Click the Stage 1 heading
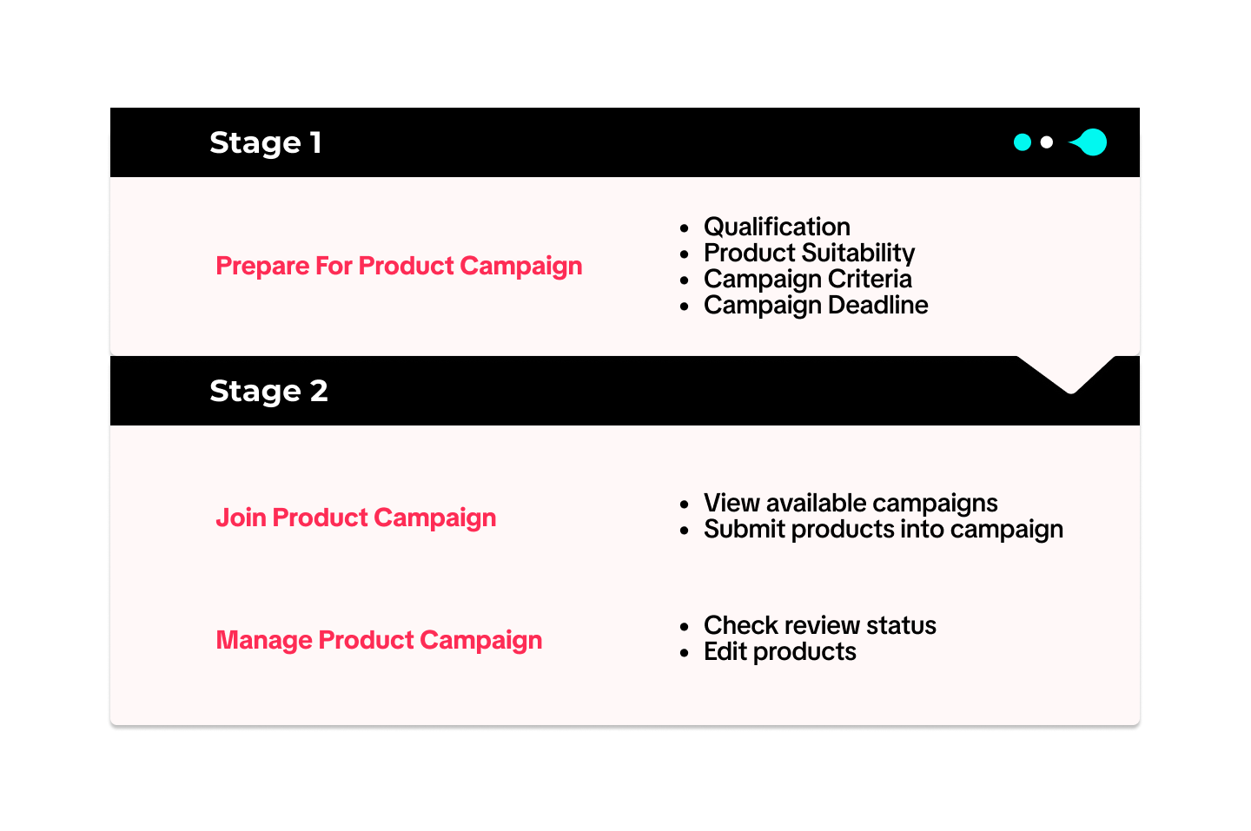[x=265, y=143]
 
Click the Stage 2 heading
[x=268, y=391]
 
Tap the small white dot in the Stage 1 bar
[x=1047, y=143]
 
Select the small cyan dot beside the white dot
[x=1022, y=142]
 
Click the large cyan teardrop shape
[x=1090, y=142]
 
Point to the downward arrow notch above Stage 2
[x=1067, y=374]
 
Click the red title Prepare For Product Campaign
[x=399, y=267]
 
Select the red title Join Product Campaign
[x=356, y=518]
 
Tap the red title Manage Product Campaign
[x=379, y=640]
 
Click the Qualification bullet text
[x=777, y=227]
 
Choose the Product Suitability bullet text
[x=810, y=253]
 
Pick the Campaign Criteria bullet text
[x=808, y=279]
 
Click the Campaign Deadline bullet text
[x=816, y=306]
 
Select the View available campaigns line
[x=851, y=504]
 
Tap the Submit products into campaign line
[x=884, y=530]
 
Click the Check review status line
[x=820, y=625]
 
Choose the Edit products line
[x=779, y=652]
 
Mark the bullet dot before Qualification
[x=685, y=228]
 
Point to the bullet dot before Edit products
[x=685, y=653]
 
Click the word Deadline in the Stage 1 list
[x=878, y=305]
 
